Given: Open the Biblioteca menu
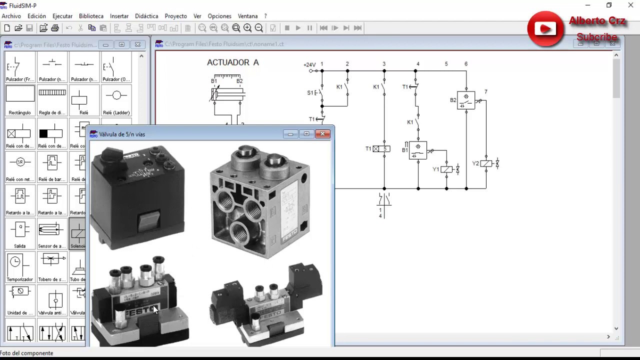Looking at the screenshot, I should click(91, 16).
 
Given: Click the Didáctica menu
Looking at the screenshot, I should click(146, 16).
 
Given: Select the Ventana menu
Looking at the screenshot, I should click(247, 16).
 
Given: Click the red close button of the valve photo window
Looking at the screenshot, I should click(322, 134).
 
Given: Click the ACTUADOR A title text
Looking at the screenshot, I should click(233, 62).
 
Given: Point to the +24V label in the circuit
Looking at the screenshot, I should click(309, 64).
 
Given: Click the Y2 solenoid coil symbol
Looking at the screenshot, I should click(486, 163).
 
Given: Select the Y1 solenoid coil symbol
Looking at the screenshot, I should click(446, 169).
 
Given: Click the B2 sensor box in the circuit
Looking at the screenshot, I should click(466, 100).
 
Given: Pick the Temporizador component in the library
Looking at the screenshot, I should click(20, 266).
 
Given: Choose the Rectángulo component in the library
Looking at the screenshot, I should click(20, 99).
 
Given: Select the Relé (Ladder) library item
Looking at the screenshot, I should click(116, 99).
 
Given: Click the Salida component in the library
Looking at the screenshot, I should click(20, 233).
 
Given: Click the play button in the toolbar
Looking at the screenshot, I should click(298, 28).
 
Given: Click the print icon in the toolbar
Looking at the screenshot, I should click(55, 28).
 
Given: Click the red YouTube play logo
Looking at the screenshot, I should click(545, 29).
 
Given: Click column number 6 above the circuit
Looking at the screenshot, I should click(466, 64).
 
